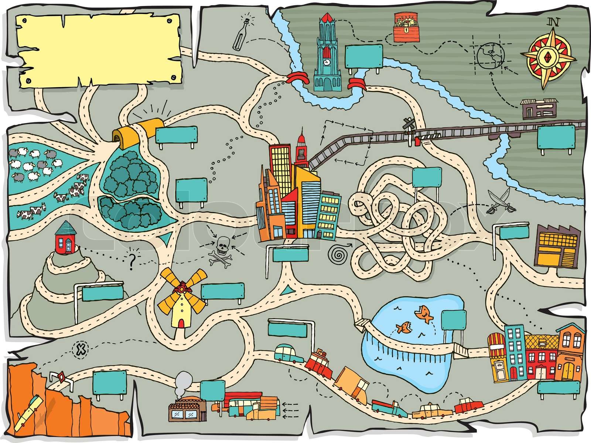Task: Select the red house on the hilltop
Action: pos(67,238)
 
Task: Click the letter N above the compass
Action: pos(553,21)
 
